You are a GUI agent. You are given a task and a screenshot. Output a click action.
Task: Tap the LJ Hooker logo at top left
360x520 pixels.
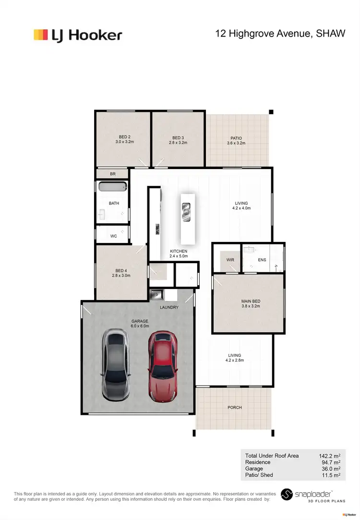[78, 35]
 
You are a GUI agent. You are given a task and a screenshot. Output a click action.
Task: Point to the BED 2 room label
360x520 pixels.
[125, 137]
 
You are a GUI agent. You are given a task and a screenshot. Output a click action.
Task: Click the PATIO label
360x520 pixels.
[236, 138]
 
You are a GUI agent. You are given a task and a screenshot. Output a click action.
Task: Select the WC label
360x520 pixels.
[114, 236]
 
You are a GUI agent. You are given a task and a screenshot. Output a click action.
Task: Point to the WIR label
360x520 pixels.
[230, 260]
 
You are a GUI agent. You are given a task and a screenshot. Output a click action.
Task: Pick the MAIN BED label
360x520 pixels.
[251, 302]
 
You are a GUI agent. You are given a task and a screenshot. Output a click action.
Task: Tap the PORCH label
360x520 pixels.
[235, 408]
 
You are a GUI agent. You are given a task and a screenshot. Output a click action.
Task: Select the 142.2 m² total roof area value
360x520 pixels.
[329, 456]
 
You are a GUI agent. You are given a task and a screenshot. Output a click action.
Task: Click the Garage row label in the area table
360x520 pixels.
[254, 469]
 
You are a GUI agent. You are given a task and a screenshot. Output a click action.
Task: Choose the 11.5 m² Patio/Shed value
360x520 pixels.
[330, 475]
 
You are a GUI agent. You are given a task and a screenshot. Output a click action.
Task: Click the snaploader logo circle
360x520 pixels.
[287, 495]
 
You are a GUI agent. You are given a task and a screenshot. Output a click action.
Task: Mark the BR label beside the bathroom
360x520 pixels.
[113, 174]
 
